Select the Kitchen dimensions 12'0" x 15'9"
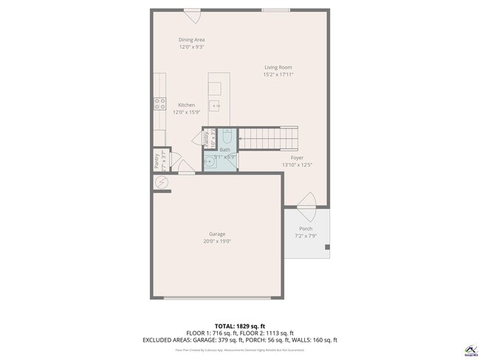point(186,112)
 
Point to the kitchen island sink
point(216,106)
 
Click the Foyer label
point(297,158)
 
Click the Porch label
point(306,229)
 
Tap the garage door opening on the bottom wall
point(217,297)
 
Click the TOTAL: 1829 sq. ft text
point(240,325)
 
